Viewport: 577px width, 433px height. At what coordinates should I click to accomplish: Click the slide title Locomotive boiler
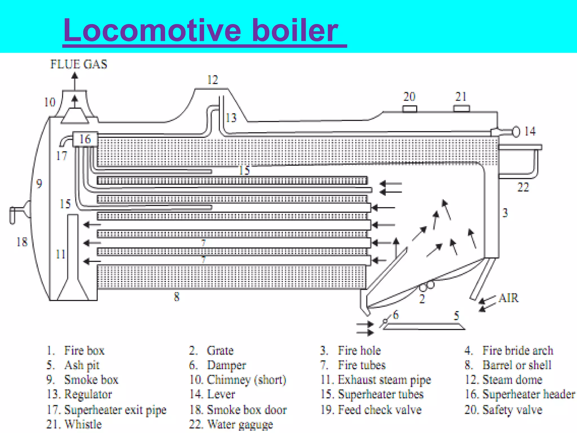click(201, 30)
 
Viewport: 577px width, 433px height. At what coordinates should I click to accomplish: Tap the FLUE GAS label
click(79, 64)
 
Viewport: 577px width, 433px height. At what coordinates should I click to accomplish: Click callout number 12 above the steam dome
click(213, 80)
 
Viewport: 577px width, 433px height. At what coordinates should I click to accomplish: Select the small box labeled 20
click(409, 109)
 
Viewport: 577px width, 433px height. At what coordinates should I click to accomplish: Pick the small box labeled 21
click(461, 109)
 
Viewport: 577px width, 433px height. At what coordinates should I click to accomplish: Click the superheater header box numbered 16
click(85, 139)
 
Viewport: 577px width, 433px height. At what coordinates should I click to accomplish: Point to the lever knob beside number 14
click(516, 132)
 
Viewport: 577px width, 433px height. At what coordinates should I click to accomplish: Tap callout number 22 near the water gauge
click(523, 187)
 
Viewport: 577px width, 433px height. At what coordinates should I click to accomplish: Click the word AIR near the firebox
click(508, 298)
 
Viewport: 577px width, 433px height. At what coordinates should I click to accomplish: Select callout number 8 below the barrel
click(177, 297)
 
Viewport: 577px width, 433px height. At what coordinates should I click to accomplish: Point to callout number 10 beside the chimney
click(50, 102)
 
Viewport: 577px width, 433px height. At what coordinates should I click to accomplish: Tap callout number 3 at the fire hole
click(505, 213)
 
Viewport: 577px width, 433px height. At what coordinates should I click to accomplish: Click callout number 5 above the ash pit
click(456, 316)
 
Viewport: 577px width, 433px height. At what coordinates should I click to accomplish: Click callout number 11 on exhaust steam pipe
click(61, 254)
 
